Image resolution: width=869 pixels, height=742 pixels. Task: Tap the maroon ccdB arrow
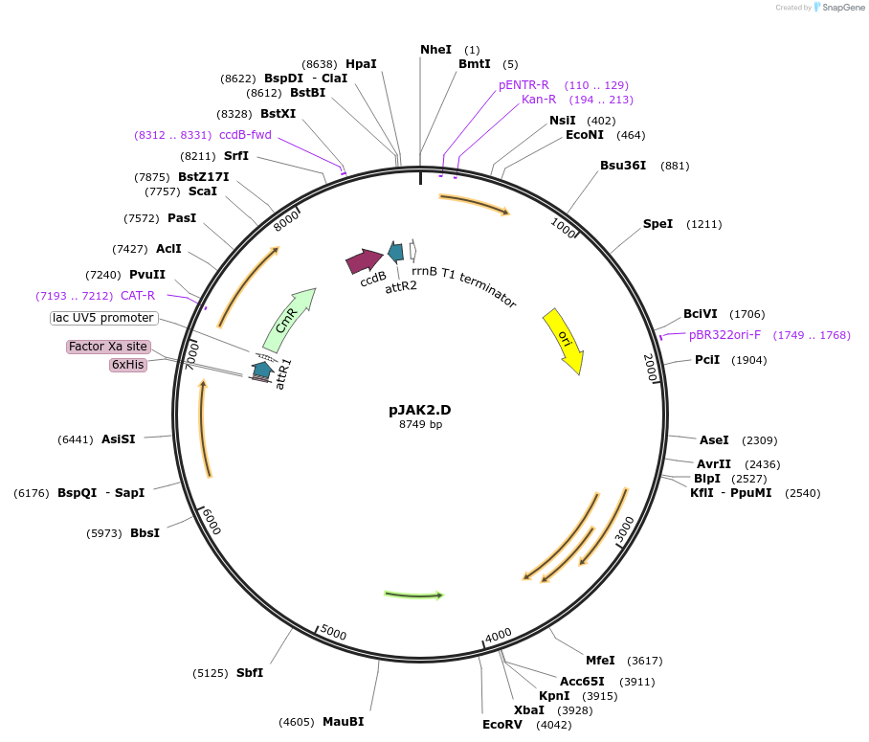364,260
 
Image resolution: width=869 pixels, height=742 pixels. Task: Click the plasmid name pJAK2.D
419,409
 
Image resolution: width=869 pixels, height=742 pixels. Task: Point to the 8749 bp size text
420,424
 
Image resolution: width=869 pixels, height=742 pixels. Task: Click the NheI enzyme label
435,49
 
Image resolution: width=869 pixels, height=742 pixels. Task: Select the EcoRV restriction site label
501,724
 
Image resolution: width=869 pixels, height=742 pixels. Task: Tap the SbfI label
250,672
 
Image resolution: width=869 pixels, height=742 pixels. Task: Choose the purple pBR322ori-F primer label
725,335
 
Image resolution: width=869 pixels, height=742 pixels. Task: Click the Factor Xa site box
108,346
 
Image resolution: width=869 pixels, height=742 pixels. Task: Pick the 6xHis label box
128,364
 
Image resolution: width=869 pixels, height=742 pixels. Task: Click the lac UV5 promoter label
103,318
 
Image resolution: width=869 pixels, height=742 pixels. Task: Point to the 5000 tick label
333,633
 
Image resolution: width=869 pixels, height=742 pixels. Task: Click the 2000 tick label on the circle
651,368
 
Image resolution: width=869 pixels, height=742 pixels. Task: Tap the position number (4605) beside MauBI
296,722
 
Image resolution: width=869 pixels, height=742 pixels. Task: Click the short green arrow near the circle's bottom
413,595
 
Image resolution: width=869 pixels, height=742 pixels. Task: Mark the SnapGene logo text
839,8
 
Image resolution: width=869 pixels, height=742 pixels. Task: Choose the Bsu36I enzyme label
623,165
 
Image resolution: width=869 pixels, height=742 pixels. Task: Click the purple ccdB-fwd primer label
245,135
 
